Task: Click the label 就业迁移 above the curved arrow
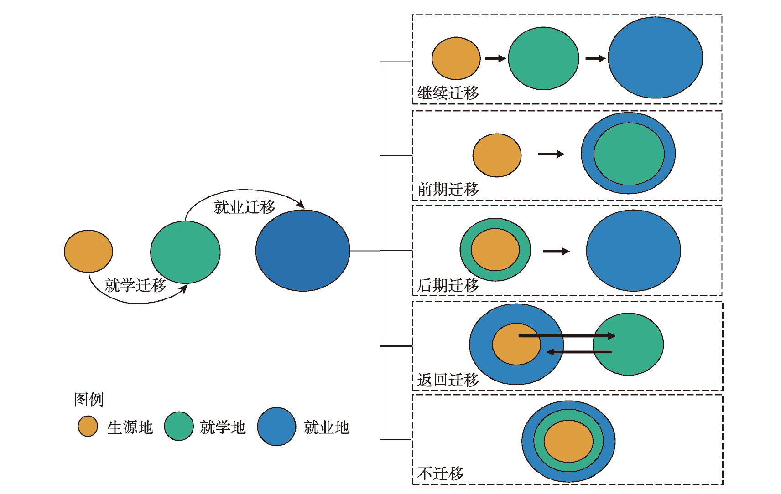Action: tap(245, 207)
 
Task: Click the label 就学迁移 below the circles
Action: tap(135, 285)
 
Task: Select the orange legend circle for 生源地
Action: tap(88, 427)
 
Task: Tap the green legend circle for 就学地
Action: tap(179, 427)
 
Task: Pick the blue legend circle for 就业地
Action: tap(276, 427)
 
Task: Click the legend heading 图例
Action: tap(89, 400)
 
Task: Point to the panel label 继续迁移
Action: tap(448, 93)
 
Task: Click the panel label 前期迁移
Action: tap(448, 189)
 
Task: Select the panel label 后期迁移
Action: tap(448, 285)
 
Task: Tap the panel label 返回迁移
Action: tap(448, 380)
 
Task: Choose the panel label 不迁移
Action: tap(440, 473)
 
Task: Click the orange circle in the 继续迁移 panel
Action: tap(456, 58)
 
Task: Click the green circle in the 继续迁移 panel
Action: tap(543, 58)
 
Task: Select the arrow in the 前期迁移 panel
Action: tap(551, 154)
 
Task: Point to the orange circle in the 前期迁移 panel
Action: tap(497, 155)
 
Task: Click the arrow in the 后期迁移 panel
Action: tap(556, 251)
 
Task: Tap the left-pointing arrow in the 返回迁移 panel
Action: tap(579, 352)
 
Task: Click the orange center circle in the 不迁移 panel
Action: tap(568, 441)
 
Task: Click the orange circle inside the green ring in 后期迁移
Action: tap(495, 250)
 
